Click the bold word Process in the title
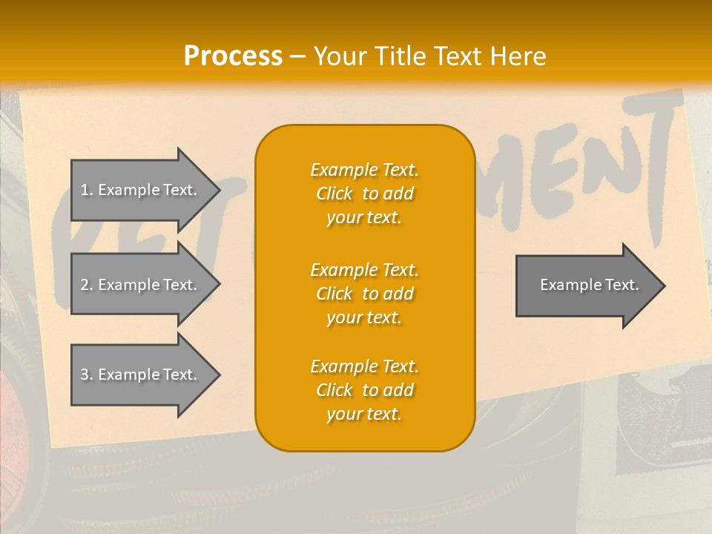coord(233,56)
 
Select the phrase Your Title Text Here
coord(429,56)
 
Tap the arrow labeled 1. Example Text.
coord(141,190)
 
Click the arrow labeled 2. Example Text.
coord(141,285)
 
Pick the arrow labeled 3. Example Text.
coord(141,375)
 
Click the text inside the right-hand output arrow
coord(589,285)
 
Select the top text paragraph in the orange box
coord(364,194)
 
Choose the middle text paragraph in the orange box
coord(364,293)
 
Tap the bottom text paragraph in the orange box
coord(364,390)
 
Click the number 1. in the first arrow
coord(86,190)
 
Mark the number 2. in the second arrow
coord(86,285)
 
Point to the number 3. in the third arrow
coord(86,375)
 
